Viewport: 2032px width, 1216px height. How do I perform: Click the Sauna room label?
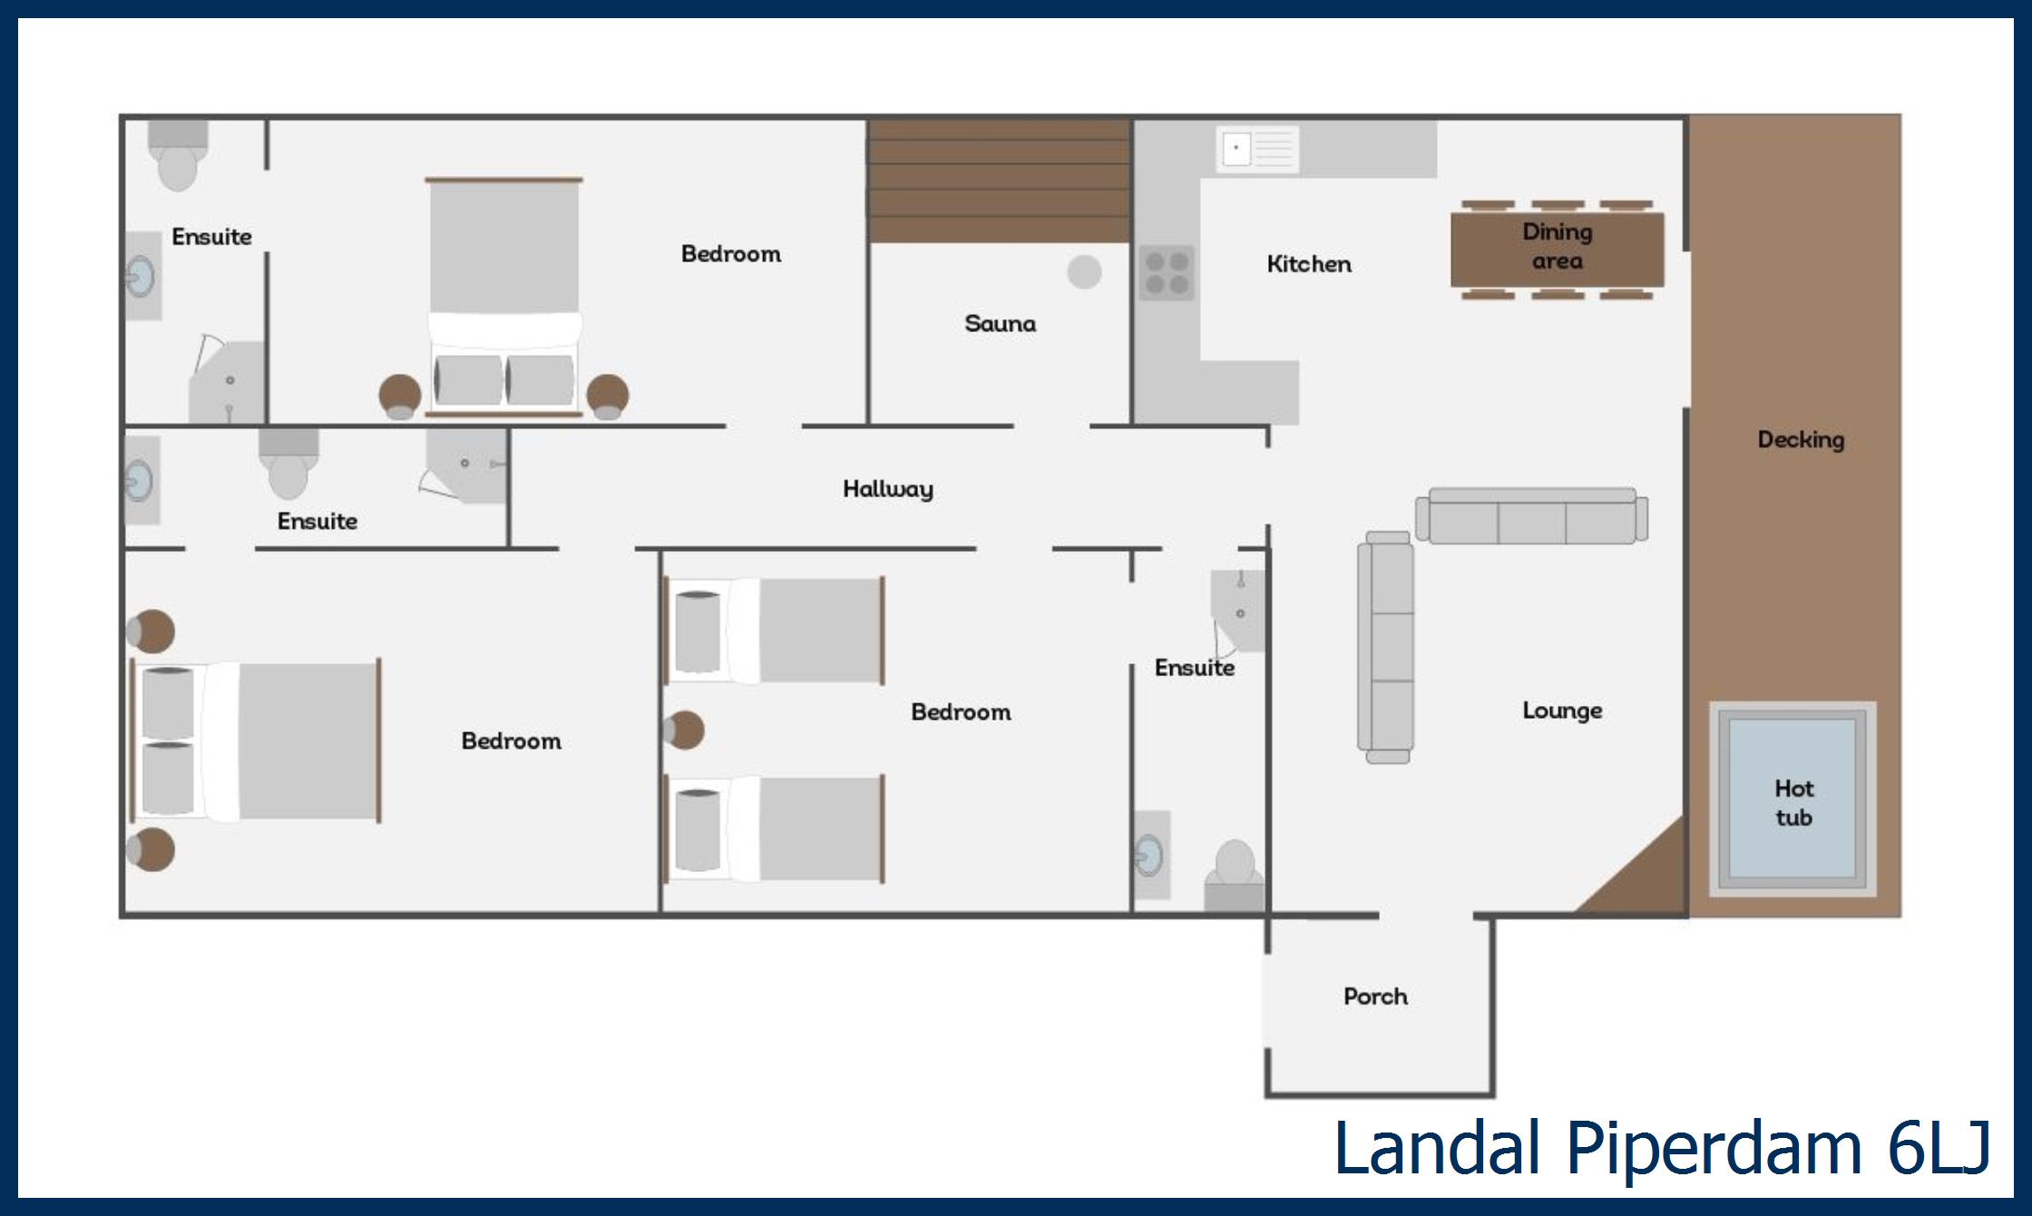coord(1000,323)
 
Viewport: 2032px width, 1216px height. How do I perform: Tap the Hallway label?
coord(888,489)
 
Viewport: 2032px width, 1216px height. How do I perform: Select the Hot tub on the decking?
coord(1793,799)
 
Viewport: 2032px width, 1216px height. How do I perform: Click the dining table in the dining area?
coord(1558,250)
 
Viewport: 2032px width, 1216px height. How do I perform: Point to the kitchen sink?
coord(1257,149)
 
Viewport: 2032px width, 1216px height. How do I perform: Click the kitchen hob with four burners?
coord(1167,273)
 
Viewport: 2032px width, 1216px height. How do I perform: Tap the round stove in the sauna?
coord(1084,271)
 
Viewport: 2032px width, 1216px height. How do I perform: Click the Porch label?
coord(1375,996)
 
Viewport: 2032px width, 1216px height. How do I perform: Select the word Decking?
coord(1801,440)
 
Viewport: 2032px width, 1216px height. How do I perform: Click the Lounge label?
coord(1562,711)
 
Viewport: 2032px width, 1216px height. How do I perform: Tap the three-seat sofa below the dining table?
coord(1532,516)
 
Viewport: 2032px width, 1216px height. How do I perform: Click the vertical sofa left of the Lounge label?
coord(1386,647)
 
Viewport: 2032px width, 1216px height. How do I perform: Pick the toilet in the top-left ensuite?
coord(178,155)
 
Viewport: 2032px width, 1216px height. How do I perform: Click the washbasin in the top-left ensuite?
coord(142,276)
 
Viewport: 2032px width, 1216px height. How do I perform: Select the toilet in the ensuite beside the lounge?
coord(1235,875)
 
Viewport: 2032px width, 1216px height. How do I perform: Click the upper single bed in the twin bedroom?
coord(775,631)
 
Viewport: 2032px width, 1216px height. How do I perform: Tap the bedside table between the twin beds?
coord(684,730)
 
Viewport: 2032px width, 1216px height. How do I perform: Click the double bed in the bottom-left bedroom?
coord(257,740)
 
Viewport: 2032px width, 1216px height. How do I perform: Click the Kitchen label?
coord(1309,264)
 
